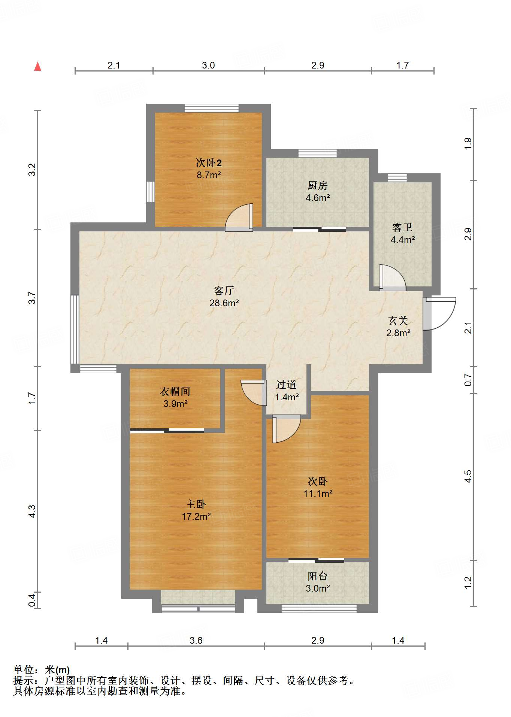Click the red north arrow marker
coord(37,67)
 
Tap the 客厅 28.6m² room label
coord(224,297)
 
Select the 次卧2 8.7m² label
coord(209,169)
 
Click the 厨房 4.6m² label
coord(317,191)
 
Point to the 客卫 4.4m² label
coord(402,233)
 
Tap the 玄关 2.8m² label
coord(398,326)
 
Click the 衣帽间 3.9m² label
coord(175,397)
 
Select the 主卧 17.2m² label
coord(196,510)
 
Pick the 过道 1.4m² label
coord(286,391)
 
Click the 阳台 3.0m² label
coord(317,582)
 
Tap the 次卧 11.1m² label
coord(318,487)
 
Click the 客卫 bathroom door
coord(392,278)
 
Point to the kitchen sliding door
coord(319,229)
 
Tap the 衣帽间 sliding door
coord(167,431)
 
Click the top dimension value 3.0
coord(208,65)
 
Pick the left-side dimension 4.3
coord(32,511)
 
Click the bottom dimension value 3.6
coord(196,640)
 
